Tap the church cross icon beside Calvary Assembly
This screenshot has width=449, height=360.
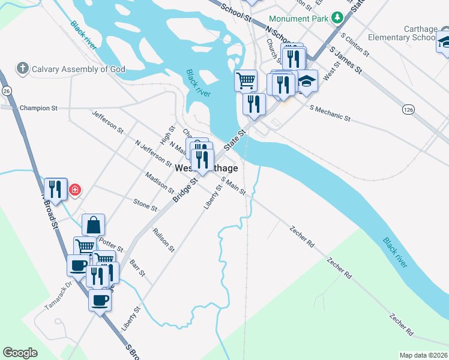pyautogui.click(x=23, y=68)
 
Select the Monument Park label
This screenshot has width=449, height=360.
pyautogui.click(x=298, y=19)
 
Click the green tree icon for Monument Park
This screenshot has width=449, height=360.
pyautogui.click(x=338, y=18)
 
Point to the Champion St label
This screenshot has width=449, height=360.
pyautogui.click(x=38, y=109)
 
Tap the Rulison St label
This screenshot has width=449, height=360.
pyautogui.click(x=163, y=240)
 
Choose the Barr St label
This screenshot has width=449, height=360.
pyautogui.click(x=137, y=268)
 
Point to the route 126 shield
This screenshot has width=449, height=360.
pyautogui.click(x=408, y=110)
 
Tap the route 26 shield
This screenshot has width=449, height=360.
pyautogui.click(x=7, y=91)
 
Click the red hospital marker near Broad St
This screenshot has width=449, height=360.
pyautogui.click(x=75, y=191)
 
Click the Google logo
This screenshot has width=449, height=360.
pyautogui.click(x=20, y=353)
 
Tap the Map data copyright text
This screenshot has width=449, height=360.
pyautogui.click(x=423, y=355)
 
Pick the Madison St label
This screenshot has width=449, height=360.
pyautogui.click(x=160, y=182)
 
